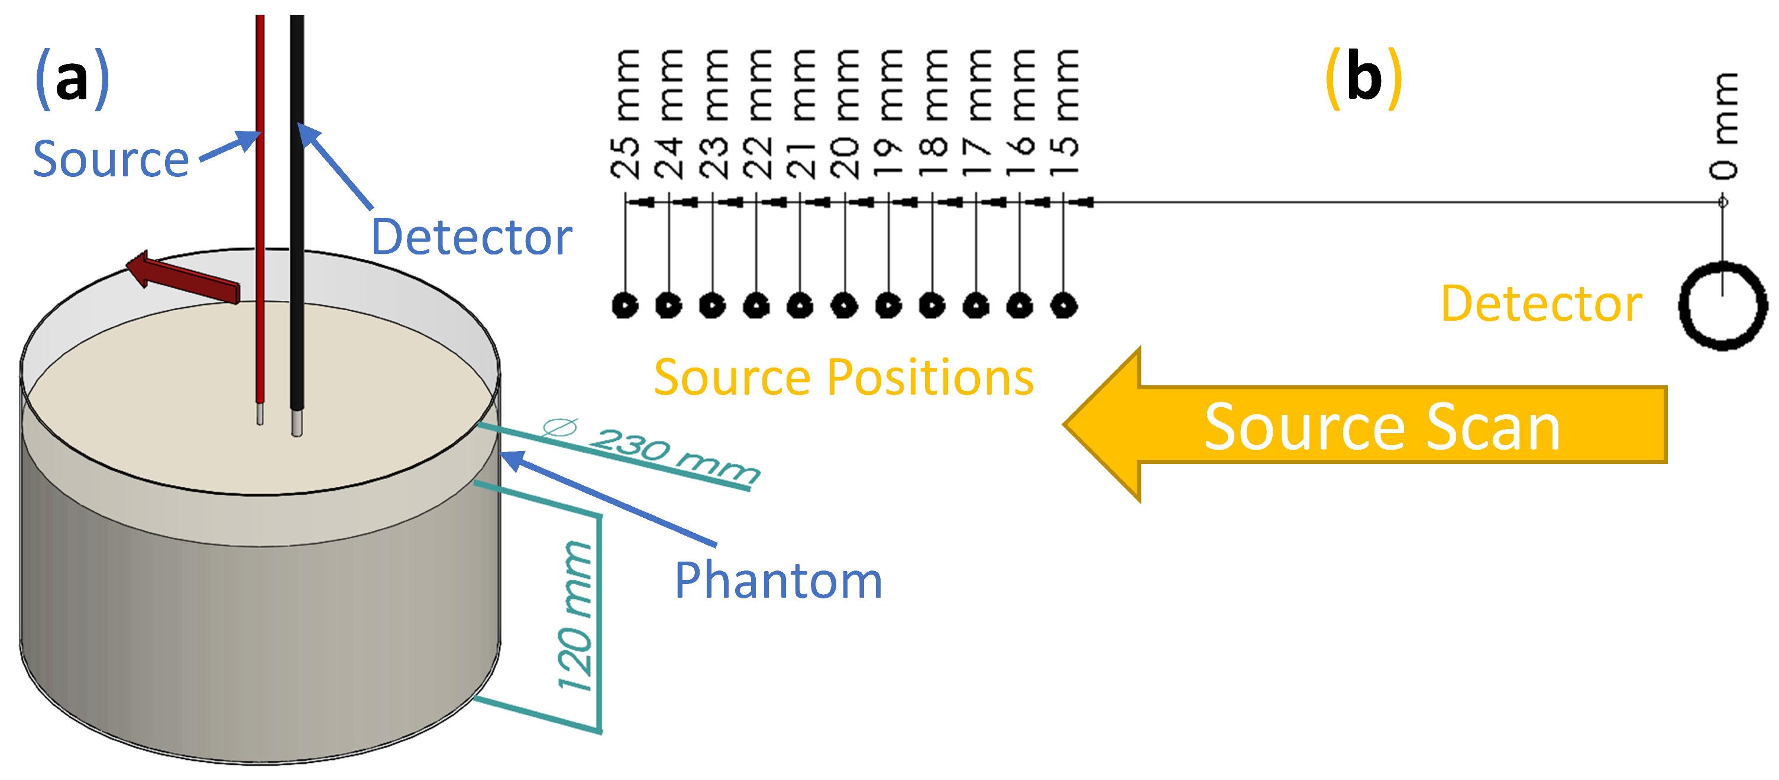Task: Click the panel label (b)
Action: pos(1364,79)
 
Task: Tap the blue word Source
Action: pos(111,160)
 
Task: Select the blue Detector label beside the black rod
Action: pos(472,237)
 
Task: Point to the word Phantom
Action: pos(778,581)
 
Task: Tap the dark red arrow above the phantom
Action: pos(183,279)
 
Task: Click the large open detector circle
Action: pos(1722,305)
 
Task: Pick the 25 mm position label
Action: pos(626,114)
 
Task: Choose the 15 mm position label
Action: pos(1064,114)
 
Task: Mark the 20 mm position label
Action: pos(845,114)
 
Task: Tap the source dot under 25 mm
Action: pos(626,305)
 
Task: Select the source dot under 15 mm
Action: pos(1063,305)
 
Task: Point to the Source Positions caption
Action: pos(843,378)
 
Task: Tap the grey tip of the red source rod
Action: pos(260,414)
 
